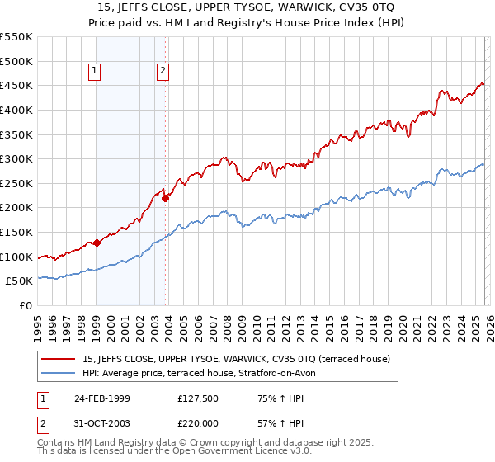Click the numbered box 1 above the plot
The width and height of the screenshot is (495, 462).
click(x=97, y=72)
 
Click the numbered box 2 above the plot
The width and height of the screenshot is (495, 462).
click(x=163, y=72)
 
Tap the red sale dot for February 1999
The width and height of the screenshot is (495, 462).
click(x=97, y=243)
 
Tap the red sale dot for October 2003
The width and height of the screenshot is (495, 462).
click(x=166, y=198)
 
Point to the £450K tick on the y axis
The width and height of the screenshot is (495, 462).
click(x=16, y=85)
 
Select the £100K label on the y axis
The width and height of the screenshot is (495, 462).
click(x=16, y=257)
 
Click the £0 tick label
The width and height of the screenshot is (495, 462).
click(x=25, y=306)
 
